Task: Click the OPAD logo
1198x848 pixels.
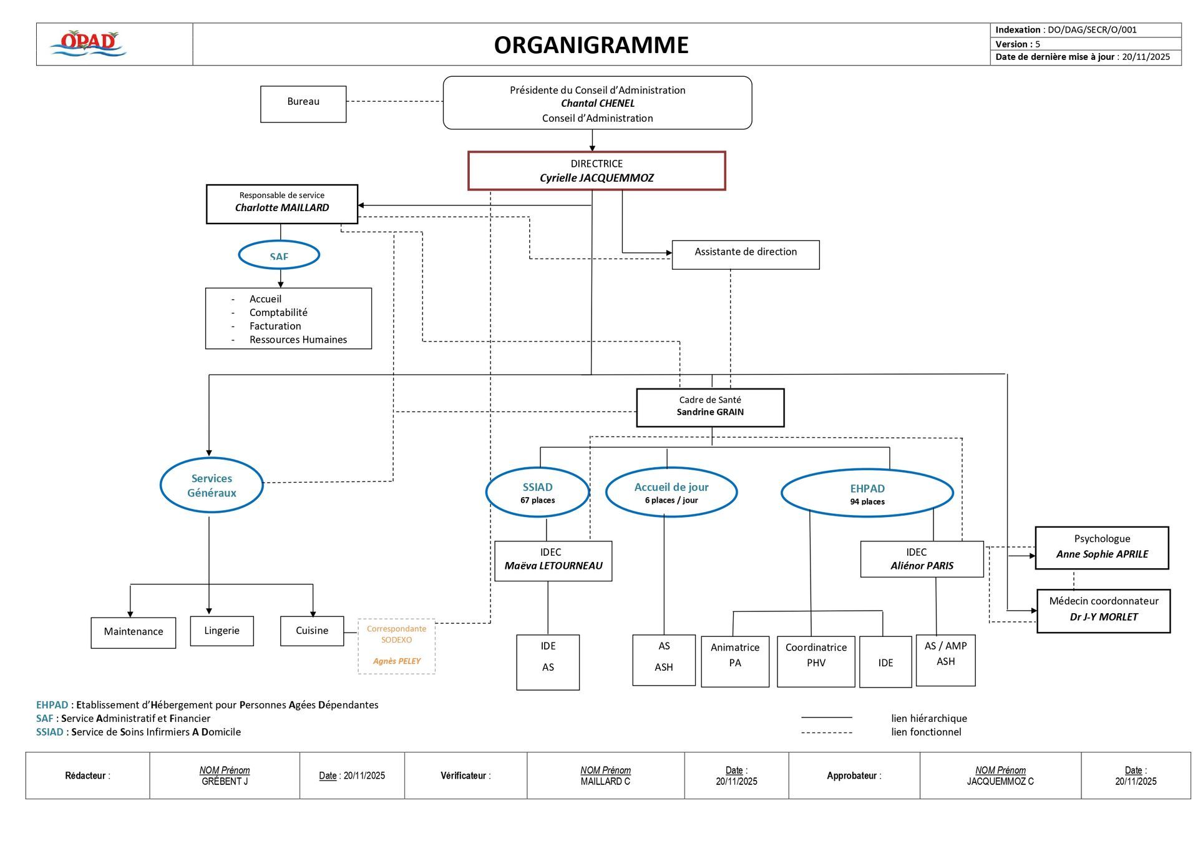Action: pyautogui.click(x=88, y=44)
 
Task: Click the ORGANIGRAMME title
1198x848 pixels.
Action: pyautogui.click(x=591, y=45)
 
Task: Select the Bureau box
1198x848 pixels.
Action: pyautogui.click(x=303, y=104)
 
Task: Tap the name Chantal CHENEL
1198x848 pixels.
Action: pyautogui.click(x=597, y=104)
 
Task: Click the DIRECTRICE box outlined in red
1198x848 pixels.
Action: pyautogui.click(x=597, y=170)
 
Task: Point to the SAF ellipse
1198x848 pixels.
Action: pyautogui.click(x=279, y=255)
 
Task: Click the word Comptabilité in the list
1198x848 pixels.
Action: pyautogui.click(x=278, y=312)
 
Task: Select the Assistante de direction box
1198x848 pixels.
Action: pyautogui.click(x=745, y=254)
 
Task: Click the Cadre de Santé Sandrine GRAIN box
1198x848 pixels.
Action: pyautogui.click(x=710, y=407)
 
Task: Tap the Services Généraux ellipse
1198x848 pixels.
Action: pyautogui.click(x=212, y=485)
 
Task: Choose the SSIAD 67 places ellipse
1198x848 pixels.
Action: pyautogui.click(x=537, y=492)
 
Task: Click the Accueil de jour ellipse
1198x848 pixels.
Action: pyautogui.click(x=671, y=492)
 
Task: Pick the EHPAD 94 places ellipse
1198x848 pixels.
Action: pyautogui.click(x=867, y=493)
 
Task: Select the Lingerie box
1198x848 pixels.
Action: pyautogui.click(x=222, y=631)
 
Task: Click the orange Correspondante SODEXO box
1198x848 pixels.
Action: pyautogui.click(x=396, y=646)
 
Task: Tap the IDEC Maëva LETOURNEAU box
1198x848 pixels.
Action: pyautogui.click(x=553, y=560)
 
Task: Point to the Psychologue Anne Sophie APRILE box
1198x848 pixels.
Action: pyautogui.click(x=1101, y=548)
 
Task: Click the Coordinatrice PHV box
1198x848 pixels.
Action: pyautogui.click(x=816, y=661)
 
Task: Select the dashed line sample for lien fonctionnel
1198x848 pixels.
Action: pyautogui.click(x=826, y=732)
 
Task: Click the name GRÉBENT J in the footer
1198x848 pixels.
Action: pyautogui.click(x=225, y=781)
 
